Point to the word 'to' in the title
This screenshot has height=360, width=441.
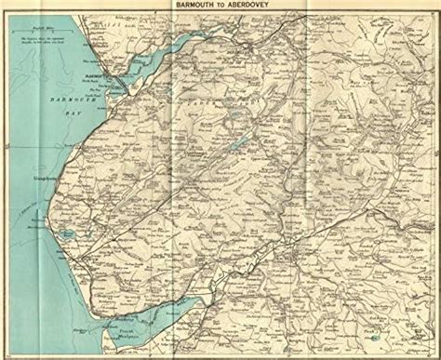click(x=220, y=6)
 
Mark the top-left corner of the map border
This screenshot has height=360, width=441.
click(x=5, y=15)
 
